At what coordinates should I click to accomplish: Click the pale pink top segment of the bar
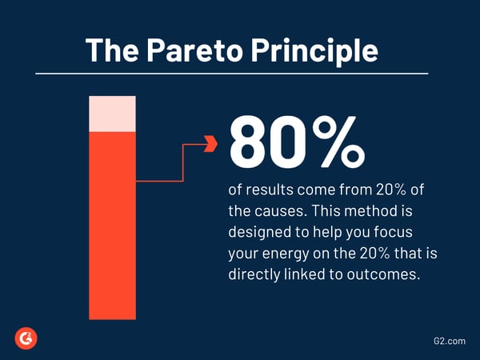(112, 113)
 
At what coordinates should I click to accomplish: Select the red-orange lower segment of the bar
(112, 224)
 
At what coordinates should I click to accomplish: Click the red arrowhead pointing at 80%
(211, 144)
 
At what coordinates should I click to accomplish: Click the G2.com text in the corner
(444, 340)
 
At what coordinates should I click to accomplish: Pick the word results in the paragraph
(270, 194)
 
